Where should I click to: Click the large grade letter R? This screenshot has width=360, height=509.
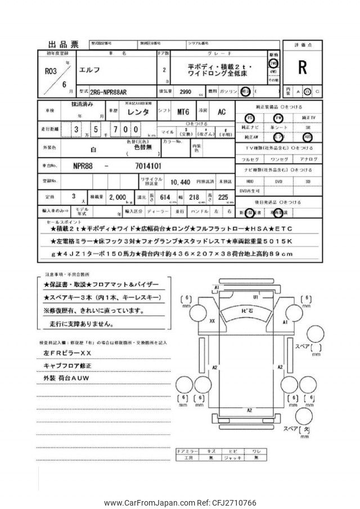coord(303,68)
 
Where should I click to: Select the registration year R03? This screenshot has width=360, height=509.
coord(51,71)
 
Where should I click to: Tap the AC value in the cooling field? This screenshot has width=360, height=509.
coord(222,112)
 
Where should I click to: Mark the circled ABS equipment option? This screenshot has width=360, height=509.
coord(307,136)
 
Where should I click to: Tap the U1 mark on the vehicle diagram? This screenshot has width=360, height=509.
coord(255,296)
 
